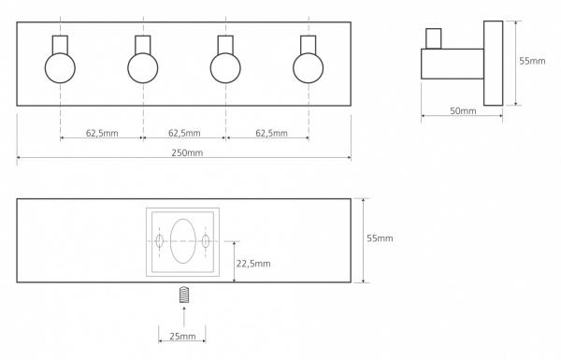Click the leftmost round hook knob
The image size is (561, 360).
coord(60,68)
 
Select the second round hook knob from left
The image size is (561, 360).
coord(143,68)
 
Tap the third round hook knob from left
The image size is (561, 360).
coord(225,68)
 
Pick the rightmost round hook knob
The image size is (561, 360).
coord(308,68)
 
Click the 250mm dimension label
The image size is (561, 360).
coord(187,152)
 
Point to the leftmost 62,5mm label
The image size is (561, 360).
coord(102,133)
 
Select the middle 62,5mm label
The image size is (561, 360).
coord(184,133)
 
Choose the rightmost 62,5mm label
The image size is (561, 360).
coord(271,133)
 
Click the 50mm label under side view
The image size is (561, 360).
coord(463,111)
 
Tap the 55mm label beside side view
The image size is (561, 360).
coord(532,61)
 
